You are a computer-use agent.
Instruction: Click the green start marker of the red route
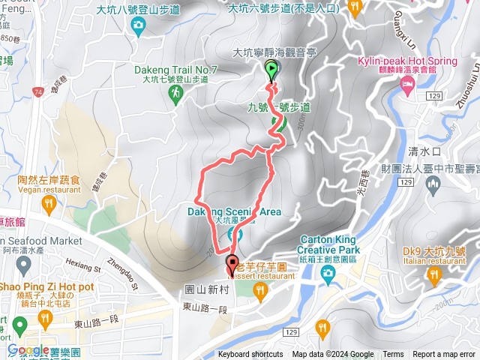(271, 71)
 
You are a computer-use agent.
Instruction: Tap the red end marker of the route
(232, 263)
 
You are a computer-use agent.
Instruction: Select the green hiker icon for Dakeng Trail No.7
(175, 92)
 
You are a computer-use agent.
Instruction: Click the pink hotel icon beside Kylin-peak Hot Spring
(406, 88)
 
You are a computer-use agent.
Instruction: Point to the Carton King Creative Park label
(328, 244)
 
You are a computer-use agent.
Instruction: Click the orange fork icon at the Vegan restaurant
(48, 205)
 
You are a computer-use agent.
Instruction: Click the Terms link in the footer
(393, 355)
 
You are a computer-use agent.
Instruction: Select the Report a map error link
(445, 355)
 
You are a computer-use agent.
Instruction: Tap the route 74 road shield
(37, 91)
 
